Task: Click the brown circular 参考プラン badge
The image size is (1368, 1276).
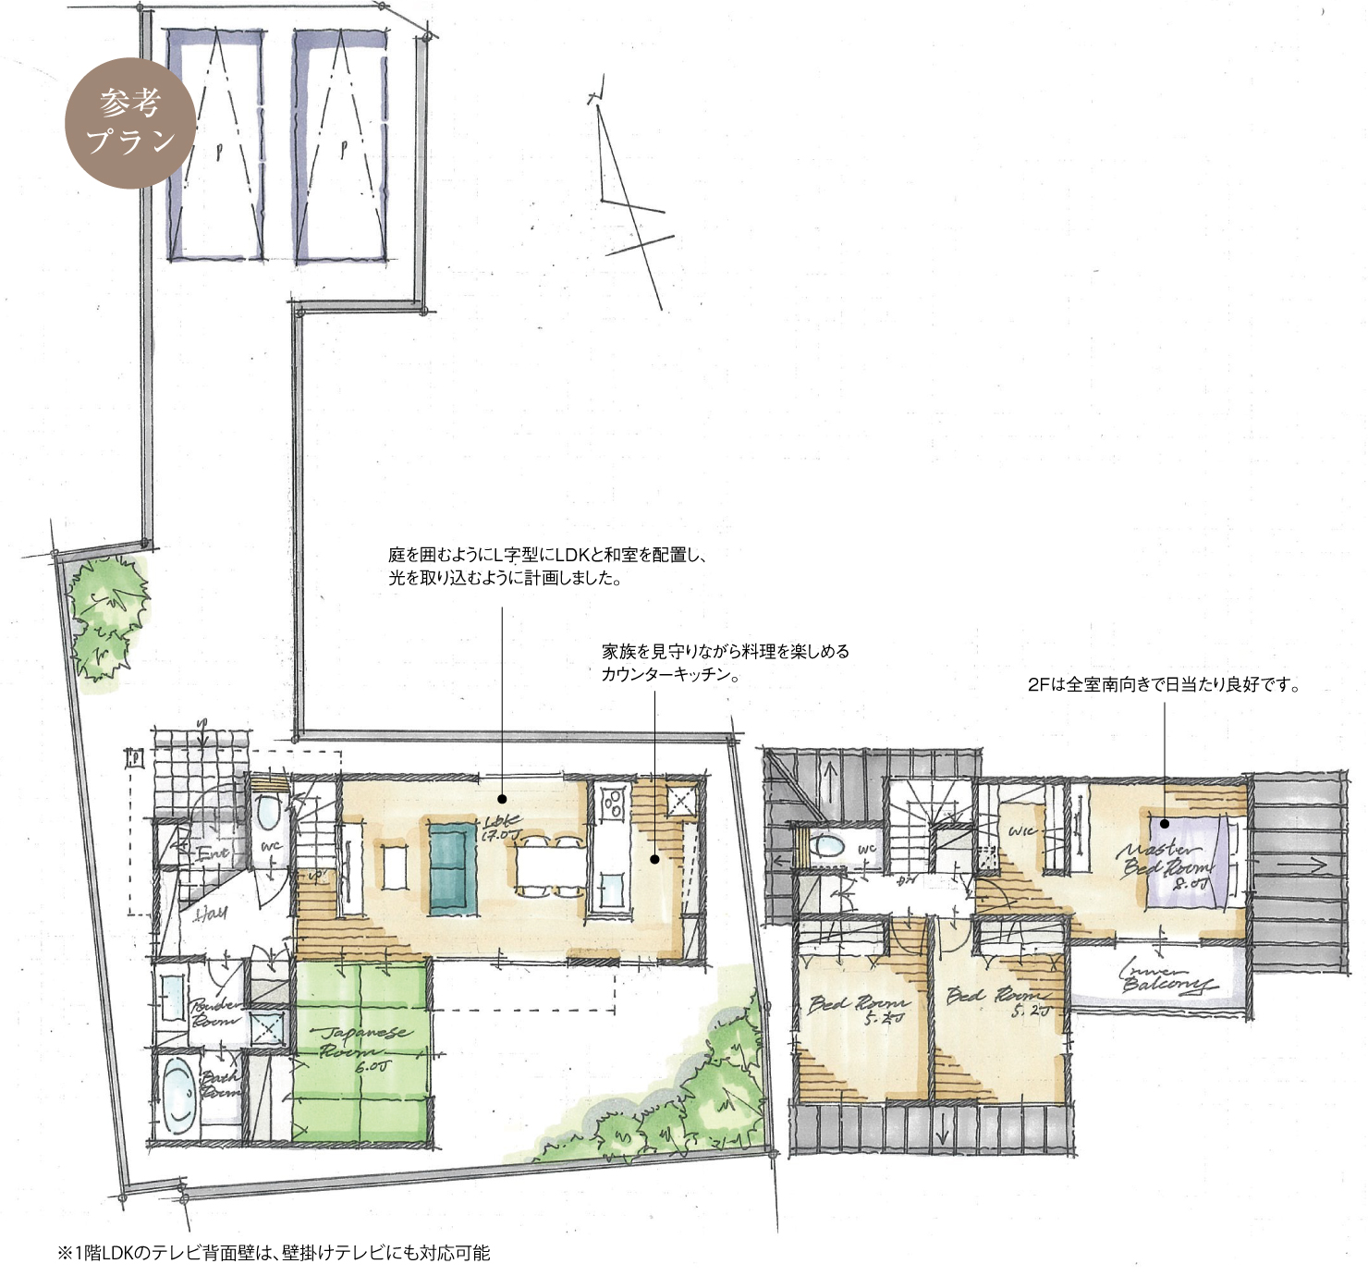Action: coord(130,123)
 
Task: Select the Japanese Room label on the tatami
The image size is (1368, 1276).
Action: coord(362,1047)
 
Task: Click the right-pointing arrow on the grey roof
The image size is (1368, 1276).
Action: coord(1303,865)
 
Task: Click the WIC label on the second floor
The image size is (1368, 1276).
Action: coord(1023,831)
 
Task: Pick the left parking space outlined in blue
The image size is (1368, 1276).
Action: coord(214,145)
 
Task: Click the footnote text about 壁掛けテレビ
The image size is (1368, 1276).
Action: coord(274,1253)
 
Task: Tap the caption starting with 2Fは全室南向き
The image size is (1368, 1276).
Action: coord(1164,685)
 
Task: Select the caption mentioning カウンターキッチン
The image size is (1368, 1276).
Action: coord(725,663)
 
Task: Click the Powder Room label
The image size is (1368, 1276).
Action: coord(216,1012)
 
